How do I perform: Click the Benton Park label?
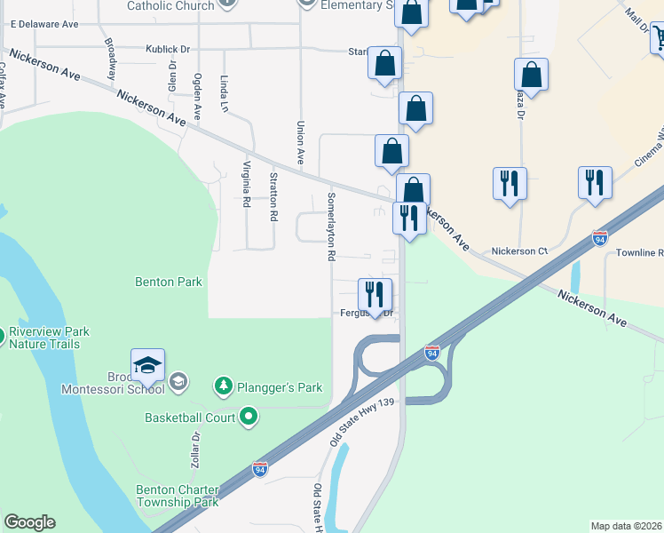(169, 282)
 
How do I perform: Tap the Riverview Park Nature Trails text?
(49, 338)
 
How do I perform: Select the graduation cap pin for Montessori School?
(147, 366)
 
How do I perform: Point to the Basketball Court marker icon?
(249, 416)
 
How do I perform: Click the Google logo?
(29, 522)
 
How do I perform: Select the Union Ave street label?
(301, 143)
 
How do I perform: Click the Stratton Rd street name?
(273, 196)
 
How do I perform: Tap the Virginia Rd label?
(246, 183)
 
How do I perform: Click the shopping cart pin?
(660, 38)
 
